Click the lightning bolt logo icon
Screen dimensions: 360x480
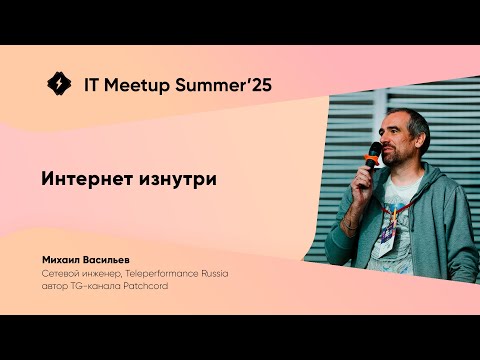[59, 84]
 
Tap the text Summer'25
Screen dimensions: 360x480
[227, 85]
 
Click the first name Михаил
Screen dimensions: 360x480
[64, 257]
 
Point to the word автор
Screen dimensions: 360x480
[57, 283]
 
